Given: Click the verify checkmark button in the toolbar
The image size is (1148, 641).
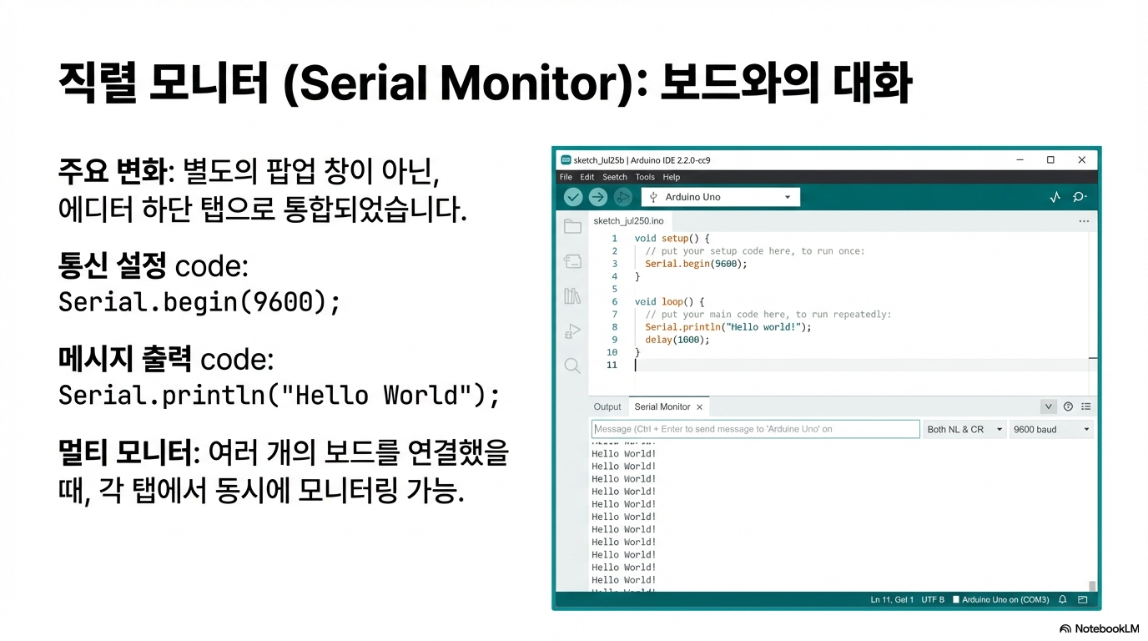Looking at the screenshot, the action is coord(573,197).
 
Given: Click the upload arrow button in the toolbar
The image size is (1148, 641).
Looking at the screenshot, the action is coord(597,197).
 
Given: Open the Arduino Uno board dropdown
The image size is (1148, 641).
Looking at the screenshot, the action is coord(721,197).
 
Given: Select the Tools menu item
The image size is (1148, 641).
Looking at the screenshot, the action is coord(645,177).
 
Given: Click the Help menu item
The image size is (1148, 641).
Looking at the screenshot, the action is coord(672,177).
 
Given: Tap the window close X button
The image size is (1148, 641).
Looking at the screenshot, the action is coord(1082,160).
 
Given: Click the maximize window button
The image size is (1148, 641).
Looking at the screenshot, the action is coord(1050,160).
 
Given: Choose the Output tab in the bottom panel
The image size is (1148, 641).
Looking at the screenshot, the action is coord(607,406).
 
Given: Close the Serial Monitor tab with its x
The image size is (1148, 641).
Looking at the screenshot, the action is coord(699,407).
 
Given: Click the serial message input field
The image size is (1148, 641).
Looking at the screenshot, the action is coord(755,429).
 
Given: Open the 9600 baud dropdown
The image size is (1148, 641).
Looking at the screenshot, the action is coord(1051,430).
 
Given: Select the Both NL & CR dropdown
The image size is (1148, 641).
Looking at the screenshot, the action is coord(964,430).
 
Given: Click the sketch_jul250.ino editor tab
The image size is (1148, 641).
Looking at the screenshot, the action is coord(628,221).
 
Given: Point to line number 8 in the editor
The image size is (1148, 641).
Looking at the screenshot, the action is coord(615,327).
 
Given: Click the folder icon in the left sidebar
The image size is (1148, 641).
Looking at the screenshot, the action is coord(572,226).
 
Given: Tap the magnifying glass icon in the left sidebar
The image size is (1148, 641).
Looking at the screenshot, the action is coord(572,366).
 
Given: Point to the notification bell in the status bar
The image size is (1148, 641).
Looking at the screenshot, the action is coord(1063,599).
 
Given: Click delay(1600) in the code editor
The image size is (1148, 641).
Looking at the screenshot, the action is coord(677,340).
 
